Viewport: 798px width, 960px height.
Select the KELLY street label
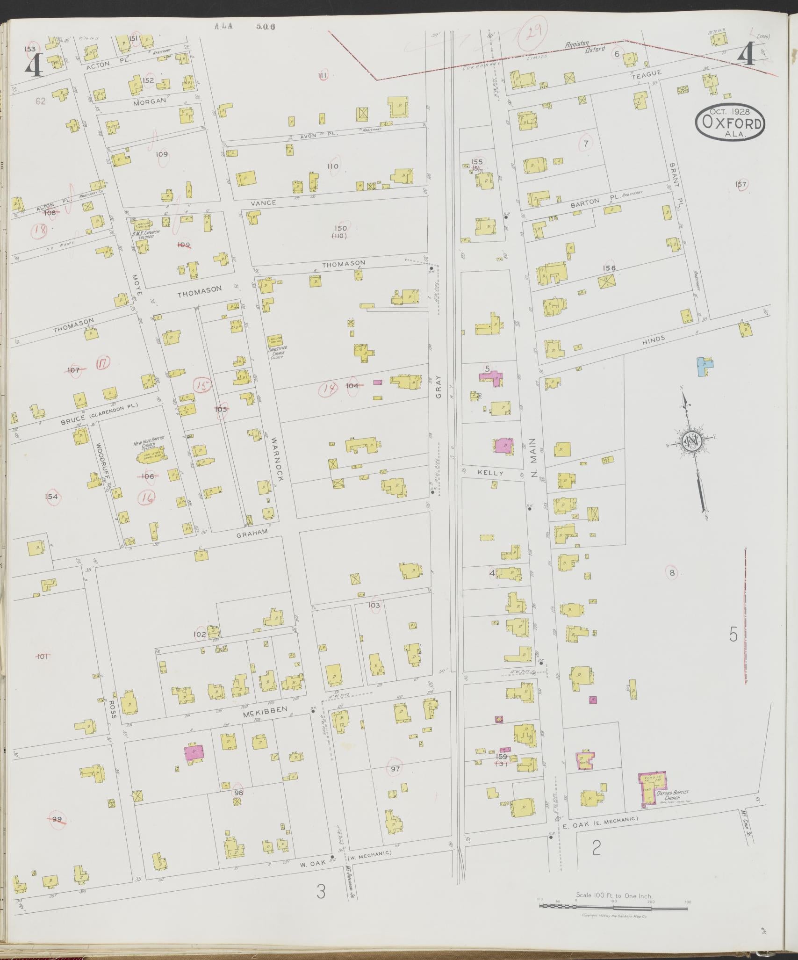point(490,473)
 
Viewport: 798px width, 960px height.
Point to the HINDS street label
point(653,340)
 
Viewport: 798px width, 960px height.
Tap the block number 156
point(609,268)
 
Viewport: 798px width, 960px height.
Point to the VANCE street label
point(264,202)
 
